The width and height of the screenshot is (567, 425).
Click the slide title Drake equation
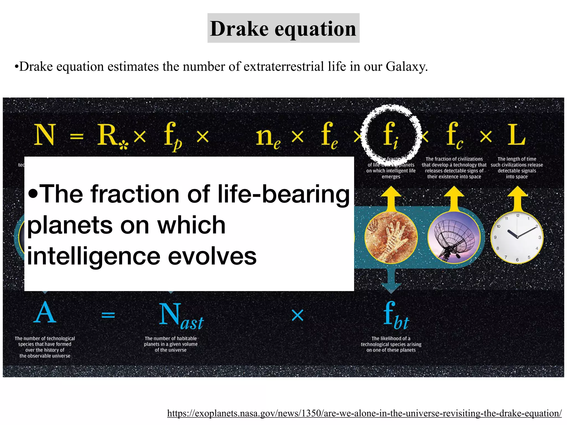tap(283, 28)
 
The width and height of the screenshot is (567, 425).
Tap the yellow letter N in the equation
tap(45, 135)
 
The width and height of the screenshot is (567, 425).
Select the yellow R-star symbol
tap(111, 136)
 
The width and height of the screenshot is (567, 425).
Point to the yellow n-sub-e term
tap(267, 137)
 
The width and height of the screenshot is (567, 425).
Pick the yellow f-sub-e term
tap(329, 136)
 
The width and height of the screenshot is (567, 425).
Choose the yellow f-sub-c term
tap(454, 136)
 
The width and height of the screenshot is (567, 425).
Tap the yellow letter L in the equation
tap(516, 135)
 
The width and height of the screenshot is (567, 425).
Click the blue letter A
tap(45, 313)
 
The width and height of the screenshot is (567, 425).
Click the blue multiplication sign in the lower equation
tap(298, 315)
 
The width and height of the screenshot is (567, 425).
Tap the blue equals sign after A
tap(108, 315)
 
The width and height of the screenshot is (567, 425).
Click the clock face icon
tap(517, 237)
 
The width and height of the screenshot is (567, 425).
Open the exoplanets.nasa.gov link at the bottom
tap(364, 413)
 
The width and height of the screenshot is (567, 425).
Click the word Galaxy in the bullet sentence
tap(406, 67)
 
